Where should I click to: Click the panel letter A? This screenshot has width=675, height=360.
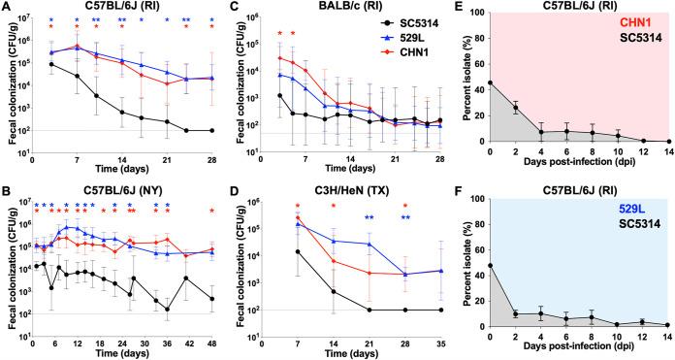tap(7, 8)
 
